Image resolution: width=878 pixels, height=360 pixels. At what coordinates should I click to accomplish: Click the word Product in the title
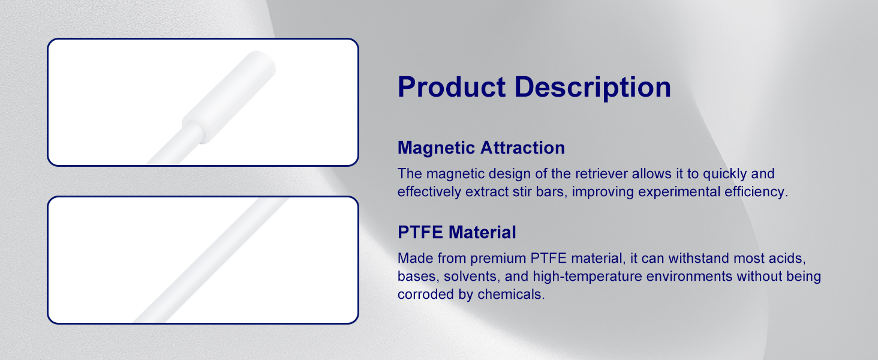point(452,87)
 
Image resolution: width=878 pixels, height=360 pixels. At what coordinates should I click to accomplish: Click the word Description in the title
point(593,88)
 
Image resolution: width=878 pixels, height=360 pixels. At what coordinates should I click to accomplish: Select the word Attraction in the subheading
point(522,148)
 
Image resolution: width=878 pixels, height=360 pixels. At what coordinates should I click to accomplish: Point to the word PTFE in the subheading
point(420,232)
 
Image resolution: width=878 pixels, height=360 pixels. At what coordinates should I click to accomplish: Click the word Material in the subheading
point(482,232)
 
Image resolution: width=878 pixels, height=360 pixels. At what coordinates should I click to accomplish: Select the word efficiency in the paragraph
point(756,192)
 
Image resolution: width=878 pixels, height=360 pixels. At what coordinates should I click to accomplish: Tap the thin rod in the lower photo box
point(211,260)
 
